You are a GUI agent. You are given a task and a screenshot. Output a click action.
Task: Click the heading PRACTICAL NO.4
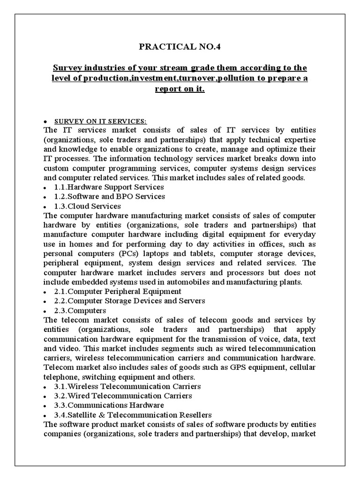click(180, 47)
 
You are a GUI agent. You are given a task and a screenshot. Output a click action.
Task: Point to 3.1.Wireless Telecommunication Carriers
click(127, 386)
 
